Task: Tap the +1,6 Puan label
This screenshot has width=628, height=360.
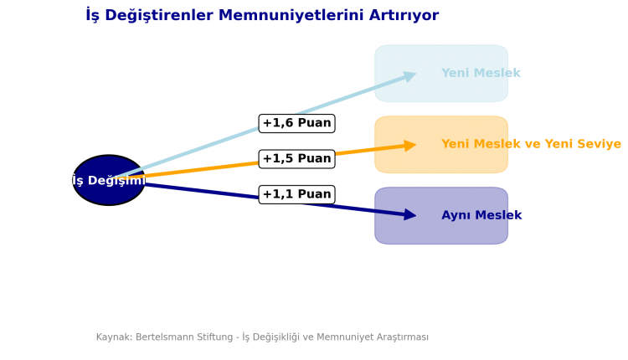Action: click(x=296, y=123)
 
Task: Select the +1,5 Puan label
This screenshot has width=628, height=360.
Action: click(x=296, y=158)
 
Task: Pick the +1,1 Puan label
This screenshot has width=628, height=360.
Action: click(x=296, y=194)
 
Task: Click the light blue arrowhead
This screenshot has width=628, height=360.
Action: click(x=409, y=76)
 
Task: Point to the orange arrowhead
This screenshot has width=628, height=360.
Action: click(x=409, y=146)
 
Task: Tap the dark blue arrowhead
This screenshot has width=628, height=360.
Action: click(x=409, y=215)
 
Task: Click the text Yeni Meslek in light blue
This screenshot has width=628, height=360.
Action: click(x=481, y=74)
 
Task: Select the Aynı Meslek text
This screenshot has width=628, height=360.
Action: click(x=481, y=216)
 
